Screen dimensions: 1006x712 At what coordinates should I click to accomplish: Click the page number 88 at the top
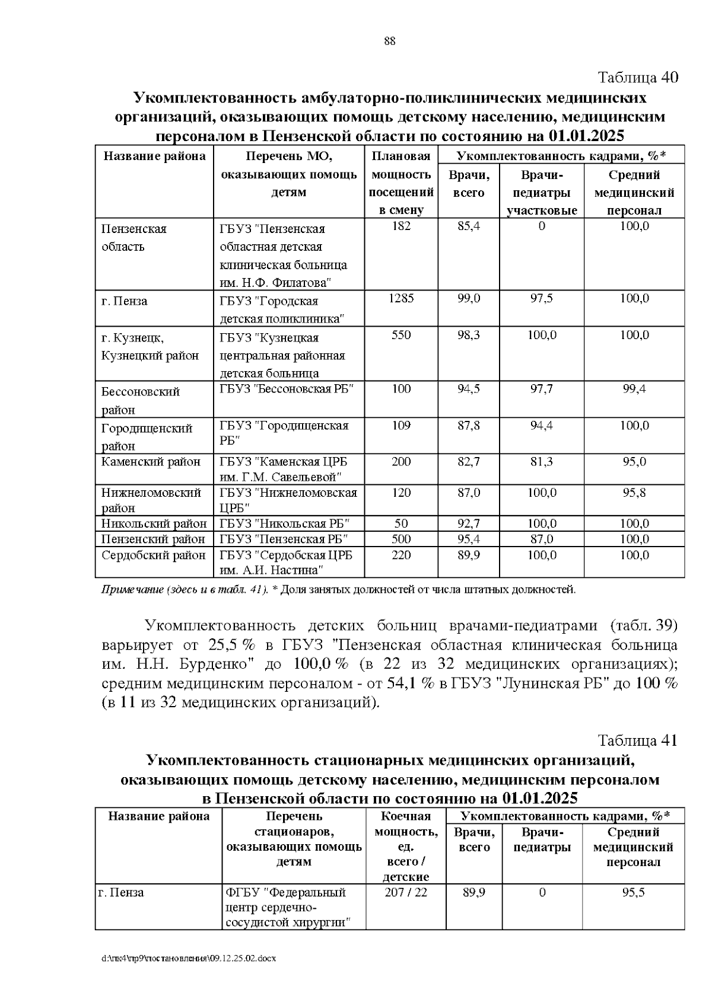[390, 41]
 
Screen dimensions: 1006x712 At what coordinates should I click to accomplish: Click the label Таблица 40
[637, 78]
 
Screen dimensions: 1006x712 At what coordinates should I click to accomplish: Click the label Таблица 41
[637, 740]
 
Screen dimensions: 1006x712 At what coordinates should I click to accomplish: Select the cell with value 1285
[401, 298]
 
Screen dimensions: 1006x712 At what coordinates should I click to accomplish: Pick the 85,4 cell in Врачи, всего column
[468, 226]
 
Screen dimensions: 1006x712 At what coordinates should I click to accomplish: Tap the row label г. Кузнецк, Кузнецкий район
[150, 347]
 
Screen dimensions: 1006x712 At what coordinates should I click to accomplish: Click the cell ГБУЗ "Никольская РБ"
[284, 523]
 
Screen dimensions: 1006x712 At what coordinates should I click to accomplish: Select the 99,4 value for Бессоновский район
[634, 389]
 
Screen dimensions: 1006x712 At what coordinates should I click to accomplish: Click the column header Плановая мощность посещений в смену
[401, 183]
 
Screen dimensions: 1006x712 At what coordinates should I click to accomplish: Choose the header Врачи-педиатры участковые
[542, 193]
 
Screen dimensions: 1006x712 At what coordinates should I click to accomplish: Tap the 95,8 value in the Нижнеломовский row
[634, 493]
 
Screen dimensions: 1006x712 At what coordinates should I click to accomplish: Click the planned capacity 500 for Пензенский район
[401, 539]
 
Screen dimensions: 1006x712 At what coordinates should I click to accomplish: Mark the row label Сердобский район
[153, 555]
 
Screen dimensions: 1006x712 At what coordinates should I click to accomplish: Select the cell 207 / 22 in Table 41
[405, 892]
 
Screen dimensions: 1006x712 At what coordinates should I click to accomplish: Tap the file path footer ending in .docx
[189, 958]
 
